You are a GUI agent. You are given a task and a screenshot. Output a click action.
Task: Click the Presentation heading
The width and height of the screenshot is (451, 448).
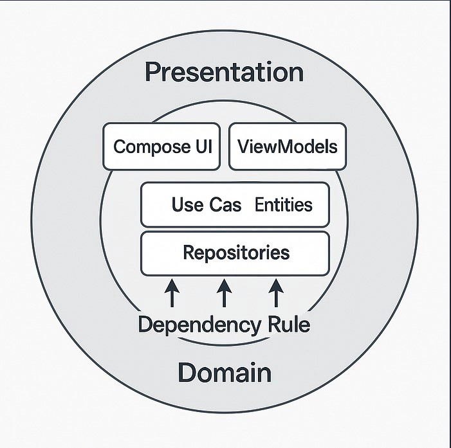[224, 72]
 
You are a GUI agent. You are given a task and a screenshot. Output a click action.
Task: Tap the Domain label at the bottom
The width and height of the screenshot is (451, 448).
[225, 372]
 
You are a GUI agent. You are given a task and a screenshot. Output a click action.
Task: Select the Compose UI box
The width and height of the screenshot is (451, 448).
[161, 147]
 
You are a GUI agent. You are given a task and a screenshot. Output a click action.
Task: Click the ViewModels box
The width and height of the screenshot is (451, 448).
[288, 147]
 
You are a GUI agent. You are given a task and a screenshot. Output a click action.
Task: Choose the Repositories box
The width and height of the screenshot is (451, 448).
[235, 253]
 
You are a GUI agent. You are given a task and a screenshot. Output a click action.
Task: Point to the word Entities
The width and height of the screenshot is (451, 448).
[284, 204]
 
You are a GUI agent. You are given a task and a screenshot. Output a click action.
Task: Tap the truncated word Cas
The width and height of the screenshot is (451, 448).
[225, 204]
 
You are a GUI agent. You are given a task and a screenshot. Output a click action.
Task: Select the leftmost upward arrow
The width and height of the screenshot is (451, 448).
[172, 293]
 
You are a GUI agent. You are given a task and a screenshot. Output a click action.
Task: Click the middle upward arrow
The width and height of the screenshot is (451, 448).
[224, 293]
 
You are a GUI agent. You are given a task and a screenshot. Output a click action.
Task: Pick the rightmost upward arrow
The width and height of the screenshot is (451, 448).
[276, 293]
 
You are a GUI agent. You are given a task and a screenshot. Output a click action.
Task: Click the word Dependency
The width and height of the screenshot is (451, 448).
[199, 325]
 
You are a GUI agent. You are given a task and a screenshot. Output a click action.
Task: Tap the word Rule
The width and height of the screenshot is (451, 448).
[289, 324]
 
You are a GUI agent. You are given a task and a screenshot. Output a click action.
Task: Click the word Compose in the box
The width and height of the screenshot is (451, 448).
[152, 147]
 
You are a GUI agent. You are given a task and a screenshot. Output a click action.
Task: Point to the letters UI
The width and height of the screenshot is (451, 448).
[204, 147]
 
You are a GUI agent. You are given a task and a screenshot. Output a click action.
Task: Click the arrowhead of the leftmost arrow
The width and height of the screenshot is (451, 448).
[172, 285]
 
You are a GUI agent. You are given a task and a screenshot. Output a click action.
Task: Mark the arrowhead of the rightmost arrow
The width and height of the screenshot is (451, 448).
[276, 285]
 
